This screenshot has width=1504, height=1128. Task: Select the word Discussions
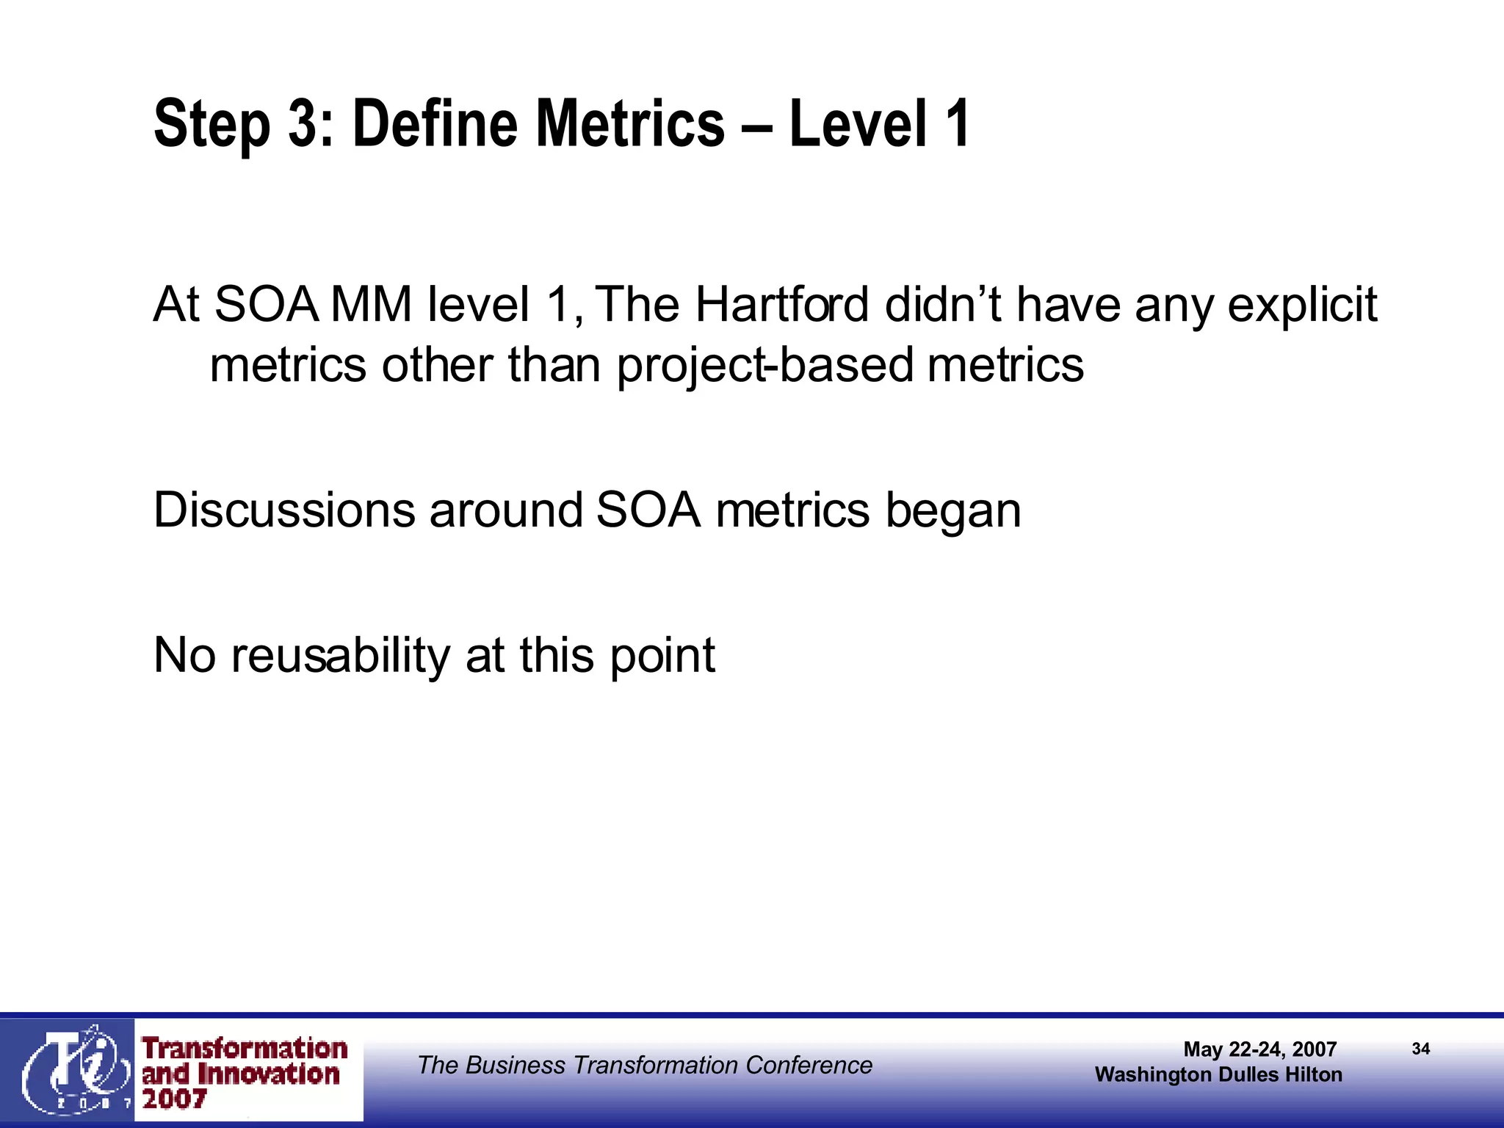pos(284,510)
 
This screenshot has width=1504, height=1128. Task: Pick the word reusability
pos(340,655)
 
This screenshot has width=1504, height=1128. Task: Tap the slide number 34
pos(1420,1049)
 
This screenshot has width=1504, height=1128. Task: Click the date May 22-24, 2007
pos(1259,1049)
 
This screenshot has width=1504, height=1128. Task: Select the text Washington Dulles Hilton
pos(1218,1074)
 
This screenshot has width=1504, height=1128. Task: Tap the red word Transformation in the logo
pos(245,1049)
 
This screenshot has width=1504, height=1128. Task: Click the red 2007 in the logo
pos(174,1099)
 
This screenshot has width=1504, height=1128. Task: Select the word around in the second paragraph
pos(506,510)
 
